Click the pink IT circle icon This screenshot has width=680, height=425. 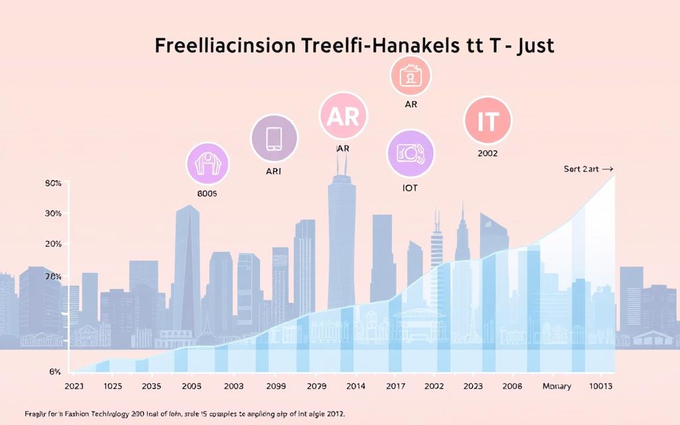[x=488, y=120]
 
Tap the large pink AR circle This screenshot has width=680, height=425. [x=343, y=116]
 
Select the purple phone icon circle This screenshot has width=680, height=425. [x=273, y=138]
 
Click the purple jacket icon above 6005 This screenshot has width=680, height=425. [x=207, y=163]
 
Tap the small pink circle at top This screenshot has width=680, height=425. [x=410, y=74]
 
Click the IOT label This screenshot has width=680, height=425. [x=410, y=188]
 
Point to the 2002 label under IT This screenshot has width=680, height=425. [x=487, y=153]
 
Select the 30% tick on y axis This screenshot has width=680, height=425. [x=53, y=213]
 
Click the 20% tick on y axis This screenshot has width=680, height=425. [x=53, y=244]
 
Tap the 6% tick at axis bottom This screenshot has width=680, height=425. [x=55, y=371]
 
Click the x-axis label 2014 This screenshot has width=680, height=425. [x=356, y=385]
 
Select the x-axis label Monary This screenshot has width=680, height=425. [x=556, y=385]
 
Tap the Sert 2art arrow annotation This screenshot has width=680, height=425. [x=588, y=169]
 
